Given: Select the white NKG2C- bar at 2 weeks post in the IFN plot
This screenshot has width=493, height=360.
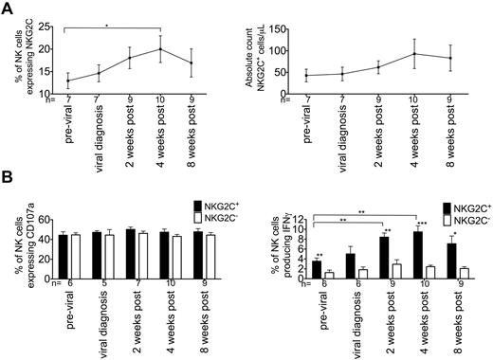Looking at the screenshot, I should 398,269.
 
